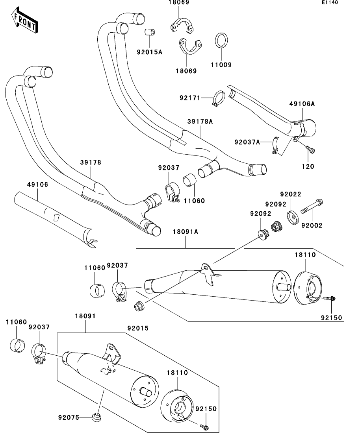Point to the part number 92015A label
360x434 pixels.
coord(149,52)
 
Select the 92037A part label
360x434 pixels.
coord(247,142)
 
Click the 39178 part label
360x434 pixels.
coord(91,162)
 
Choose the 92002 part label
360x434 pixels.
coord(312,225)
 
